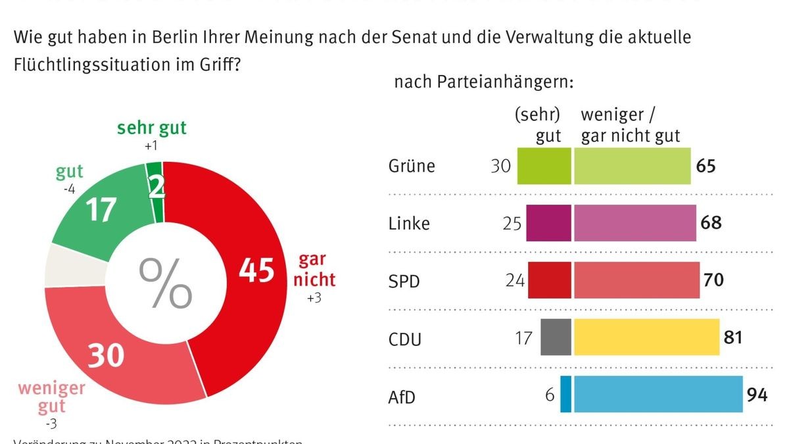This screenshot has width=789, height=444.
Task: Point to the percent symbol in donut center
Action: coord(165,284)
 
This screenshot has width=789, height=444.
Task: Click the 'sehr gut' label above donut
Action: coord(152,128)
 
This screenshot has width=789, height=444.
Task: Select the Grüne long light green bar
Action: coord(632,166)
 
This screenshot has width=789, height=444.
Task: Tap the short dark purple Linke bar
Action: coord(548,223)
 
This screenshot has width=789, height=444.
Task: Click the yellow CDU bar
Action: coord(646,337)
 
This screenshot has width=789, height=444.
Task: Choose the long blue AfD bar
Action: coord(658,395)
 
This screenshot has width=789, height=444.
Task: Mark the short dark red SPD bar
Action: coord(549,280)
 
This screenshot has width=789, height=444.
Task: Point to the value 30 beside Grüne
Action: coord(501,166)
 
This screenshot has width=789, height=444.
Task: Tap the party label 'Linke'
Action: coord(409,223)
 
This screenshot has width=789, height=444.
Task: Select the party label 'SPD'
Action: coord(404,281)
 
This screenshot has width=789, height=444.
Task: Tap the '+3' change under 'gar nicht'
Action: coord(315,299)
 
